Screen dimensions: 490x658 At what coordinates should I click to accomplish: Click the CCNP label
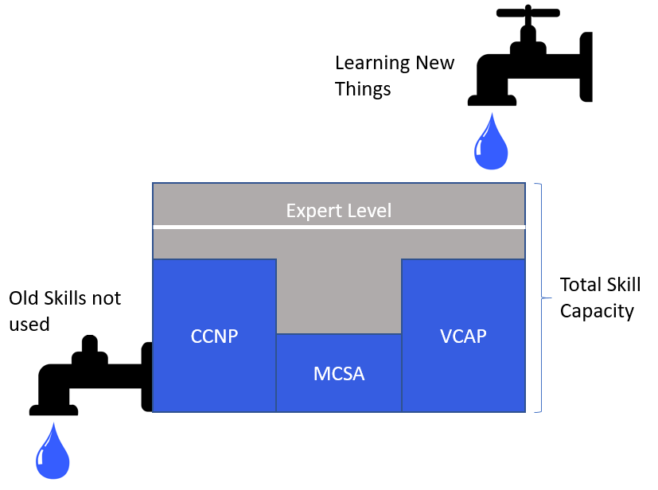click(214, 336)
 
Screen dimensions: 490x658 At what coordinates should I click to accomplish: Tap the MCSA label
click(339, 373)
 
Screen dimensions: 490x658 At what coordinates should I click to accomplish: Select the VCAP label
click(463, 336)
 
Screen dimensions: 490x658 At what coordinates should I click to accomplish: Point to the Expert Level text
click(339, 211)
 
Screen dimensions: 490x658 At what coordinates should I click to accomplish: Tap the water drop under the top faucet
click(491, 142)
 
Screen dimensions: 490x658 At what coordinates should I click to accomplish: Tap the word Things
click(363, 88)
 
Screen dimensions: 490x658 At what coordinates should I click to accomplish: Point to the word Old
click(23, 298)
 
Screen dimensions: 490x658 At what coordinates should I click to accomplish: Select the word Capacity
click(597, 310)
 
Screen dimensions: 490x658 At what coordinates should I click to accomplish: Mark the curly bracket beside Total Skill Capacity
click(541, 298)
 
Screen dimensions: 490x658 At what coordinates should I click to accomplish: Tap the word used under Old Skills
click(29, 324)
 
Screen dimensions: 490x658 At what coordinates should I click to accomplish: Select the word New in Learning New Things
click(434, 63)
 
